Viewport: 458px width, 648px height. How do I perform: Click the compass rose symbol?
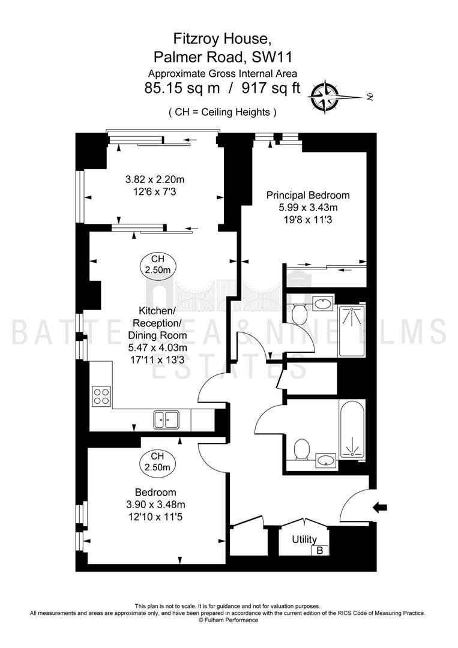[x=325, y=97]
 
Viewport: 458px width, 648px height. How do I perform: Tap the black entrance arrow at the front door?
[x=380, y=506]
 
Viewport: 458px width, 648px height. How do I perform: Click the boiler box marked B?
[x=319, y=550]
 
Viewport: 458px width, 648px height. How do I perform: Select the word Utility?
[x=304, y=539]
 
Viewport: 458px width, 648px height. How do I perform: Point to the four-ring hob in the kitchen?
[x=101, y=396]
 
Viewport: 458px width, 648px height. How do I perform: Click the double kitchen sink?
[x=166, y=419]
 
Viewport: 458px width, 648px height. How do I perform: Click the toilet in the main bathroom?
[x=302, y=449]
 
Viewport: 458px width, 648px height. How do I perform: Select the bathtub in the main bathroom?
[x=352, y=430]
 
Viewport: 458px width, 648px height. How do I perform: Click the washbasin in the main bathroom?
[x=326, y=460]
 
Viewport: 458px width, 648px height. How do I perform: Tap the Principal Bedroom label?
[x=308, y=195]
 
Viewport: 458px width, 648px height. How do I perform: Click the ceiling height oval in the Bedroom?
[x=157, y=462]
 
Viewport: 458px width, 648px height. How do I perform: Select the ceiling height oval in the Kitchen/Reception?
[x=158, y=265]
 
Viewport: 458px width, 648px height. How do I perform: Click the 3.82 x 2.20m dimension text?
[x=155, y=179]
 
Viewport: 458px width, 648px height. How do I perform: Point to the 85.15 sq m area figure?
[x=182, y=88]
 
